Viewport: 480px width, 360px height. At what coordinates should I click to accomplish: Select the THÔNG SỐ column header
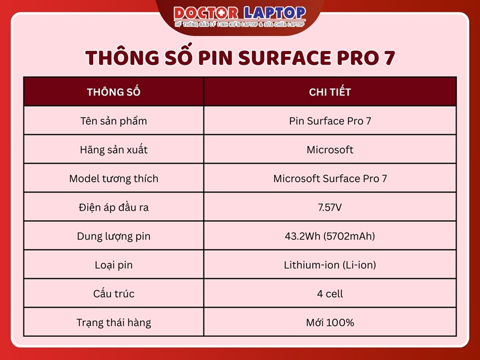coord(113,92)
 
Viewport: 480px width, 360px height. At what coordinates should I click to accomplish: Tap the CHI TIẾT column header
coord(330,92)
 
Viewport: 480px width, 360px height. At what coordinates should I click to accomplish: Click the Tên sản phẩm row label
coord(113,121)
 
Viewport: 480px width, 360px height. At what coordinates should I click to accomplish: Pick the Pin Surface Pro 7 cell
coord(330,121)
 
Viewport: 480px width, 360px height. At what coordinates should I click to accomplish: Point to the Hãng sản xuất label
coord(113,149)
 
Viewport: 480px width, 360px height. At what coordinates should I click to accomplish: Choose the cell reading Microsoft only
coord(330,149)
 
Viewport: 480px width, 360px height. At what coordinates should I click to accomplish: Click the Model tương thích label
coord(113,178)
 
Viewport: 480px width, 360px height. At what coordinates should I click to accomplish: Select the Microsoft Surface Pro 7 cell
coord(330,178)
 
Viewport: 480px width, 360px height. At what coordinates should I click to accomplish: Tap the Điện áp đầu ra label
coord(113,207)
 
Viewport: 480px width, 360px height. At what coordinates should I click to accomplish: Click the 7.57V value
coord(330,207)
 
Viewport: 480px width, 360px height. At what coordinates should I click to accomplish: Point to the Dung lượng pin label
coord(113,236)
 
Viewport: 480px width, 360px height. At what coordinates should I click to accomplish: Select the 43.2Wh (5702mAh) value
coord(330,236)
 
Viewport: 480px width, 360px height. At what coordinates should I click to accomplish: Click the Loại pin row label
coord(113,265)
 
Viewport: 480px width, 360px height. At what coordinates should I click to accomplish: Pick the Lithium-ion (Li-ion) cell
coord(330,265)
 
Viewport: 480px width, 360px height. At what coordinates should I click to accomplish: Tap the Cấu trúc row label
coord(113,293)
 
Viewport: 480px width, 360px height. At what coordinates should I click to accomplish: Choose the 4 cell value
coord(330,293)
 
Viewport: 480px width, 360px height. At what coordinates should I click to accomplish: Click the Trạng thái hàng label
coord(113,322)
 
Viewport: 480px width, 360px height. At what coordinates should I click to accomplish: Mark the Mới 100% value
coord(330,322)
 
